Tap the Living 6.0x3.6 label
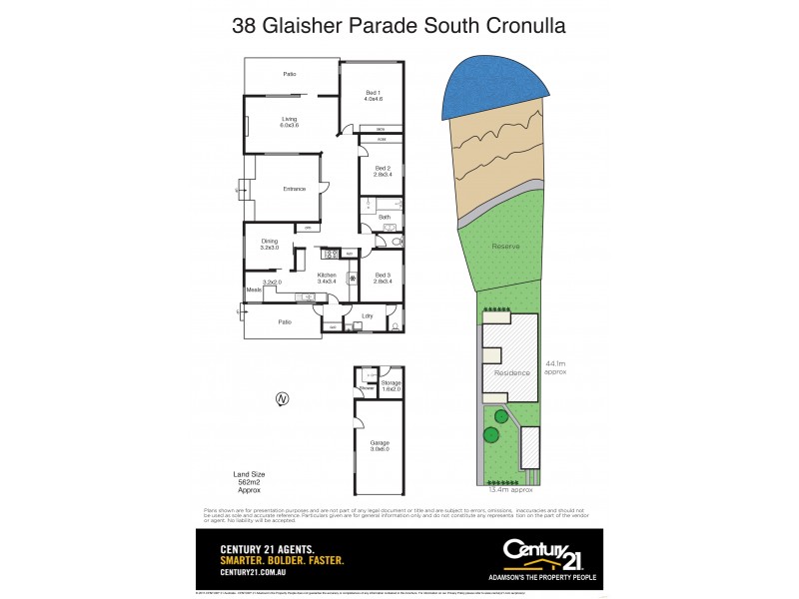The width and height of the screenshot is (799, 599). coord(290,122)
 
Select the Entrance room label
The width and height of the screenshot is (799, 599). coord(294,190)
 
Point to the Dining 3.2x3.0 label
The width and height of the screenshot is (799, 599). coord(270,243)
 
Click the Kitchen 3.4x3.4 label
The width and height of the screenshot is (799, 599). coord(328,278)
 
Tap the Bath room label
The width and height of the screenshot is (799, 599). coord(385,217)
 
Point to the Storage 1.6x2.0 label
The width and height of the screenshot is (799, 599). coord(391,384)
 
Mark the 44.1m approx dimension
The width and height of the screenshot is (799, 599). coord(555,368)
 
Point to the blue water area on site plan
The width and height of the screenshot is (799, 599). coord(495,87)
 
